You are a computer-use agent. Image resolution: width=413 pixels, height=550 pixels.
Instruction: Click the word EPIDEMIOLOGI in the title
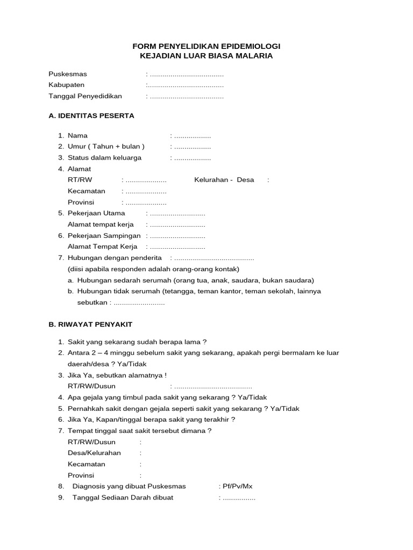(250, 47)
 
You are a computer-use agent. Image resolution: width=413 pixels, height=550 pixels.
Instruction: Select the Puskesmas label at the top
(68, 74)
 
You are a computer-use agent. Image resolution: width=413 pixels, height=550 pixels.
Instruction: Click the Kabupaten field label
(67, 85)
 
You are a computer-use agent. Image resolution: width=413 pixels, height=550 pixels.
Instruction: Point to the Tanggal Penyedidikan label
(86, 96)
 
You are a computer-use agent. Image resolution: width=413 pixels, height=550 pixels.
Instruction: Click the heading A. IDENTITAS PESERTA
(91, 115)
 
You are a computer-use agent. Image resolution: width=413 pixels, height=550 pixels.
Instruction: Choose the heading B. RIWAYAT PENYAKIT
(90, 324)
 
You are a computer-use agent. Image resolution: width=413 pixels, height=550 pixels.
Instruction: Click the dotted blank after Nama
(193, 136)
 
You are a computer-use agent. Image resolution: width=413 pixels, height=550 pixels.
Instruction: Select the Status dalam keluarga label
(105, 158)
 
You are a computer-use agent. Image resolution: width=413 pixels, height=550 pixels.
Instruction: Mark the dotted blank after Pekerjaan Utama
(177, 213)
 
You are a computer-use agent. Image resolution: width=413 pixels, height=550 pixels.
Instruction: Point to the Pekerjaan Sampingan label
(104, 235)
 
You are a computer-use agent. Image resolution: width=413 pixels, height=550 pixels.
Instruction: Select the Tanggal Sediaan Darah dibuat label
(123, 497)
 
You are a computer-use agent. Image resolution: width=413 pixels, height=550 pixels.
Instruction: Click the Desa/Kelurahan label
(95, 453)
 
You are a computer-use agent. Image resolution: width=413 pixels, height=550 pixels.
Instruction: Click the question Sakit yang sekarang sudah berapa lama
(137, 342)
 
